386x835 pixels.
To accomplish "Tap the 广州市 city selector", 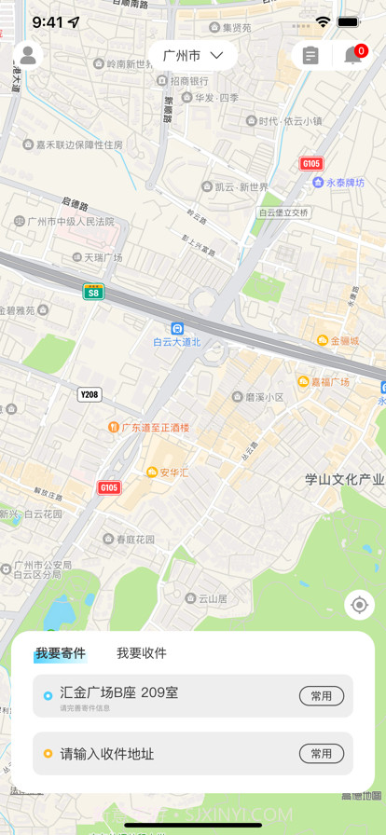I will [x=193, y=56].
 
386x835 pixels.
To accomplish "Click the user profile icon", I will [x=28, y=56].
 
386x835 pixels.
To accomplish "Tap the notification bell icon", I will [x=353, y=56].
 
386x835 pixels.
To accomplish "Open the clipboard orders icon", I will [x=310, y=56].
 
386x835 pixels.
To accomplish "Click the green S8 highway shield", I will [x=93, y=292].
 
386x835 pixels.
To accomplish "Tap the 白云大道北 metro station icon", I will [x=177, y=328].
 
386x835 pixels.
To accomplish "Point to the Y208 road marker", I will [x=90, y=394].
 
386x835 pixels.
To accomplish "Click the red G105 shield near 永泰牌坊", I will [x=311, y=163].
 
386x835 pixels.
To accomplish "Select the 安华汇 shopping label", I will [x=168, y=472].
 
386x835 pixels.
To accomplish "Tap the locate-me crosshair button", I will [x=359, y=605].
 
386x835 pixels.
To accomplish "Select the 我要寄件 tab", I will [x=61, y=653].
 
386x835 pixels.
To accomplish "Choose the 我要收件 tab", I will [x=142, y=653].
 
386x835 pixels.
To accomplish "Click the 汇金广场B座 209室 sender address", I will [x=119, y=692].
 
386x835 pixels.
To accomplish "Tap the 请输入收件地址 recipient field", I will [x=107, y=754].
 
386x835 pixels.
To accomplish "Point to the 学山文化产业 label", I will [x=345, y=480].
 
